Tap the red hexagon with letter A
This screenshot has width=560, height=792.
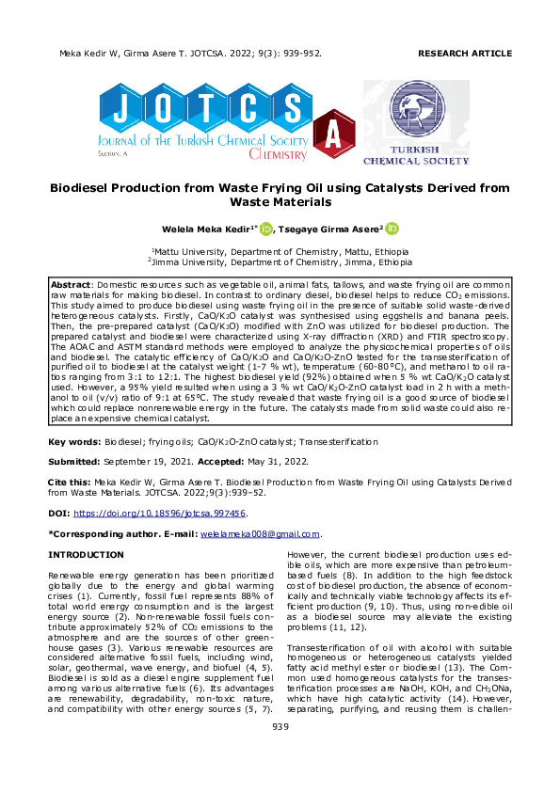332,136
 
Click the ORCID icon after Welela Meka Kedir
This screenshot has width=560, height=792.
265,228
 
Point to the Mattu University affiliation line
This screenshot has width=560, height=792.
280,252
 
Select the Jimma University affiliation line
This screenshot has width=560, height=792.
280,262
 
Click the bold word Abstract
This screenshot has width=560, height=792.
70,283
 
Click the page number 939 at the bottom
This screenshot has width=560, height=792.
280,752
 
